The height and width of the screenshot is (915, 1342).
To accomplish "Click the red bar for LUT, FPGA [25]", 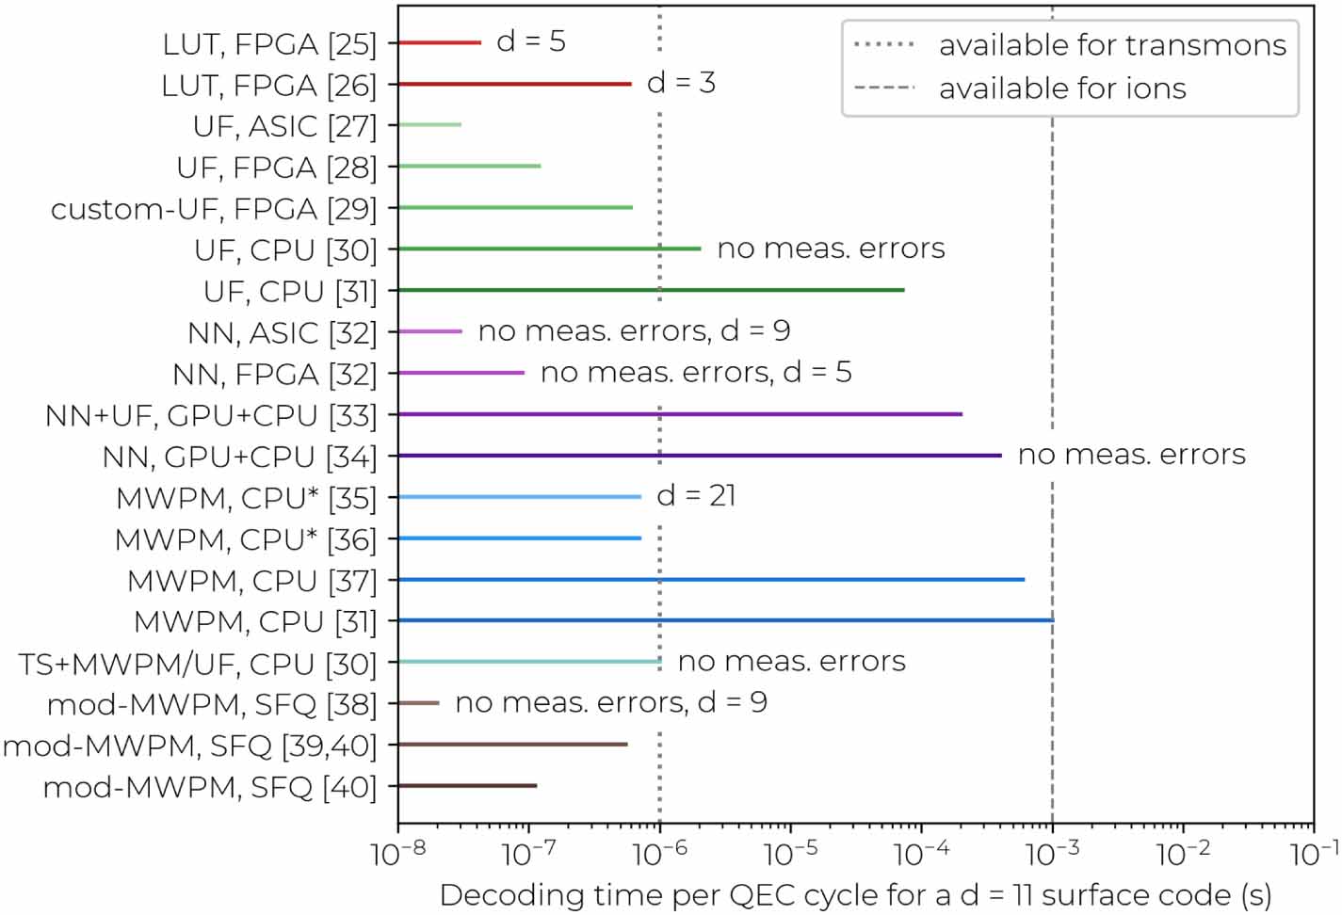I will click(440, 42).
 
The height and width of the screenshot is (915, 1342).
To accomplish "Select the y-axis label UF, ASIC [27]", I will click(284, 126).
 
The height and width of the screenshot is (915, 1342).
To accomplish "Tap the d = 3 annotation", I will click(681, 83).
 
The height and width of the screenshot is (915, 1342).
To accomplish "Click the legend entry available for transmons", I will click(1111, 45).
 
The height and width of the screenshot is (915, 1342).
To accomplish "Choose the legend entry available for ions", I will click(1061, 88).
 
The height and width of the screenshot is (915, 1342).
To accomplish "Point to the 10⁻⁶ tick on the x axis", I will click(659, 854).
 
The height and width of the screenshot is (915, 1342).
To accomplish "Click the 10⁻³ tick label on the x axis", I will click(1052, 854).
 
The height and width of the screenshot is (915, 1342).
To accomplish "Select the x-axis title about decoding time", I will click(855, 894).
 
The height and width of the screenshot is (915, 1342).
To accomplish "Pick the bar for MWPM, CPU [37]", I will click(711, 579).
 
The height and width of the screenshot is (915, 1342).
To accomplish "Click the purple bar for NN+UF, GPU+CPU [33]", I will click(680, 414).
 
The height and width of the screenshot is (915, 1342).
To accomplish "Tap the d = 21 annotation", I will click(696, 495).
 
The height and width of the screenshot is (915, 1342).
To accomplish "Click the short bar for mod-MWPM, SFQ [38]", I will click(419, 703).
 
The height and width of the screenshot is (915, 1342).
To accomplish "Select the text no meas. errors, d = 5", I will click(696, 372).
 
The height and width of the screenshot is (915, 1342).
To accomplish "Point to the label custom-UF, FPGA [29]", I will click(214, 209).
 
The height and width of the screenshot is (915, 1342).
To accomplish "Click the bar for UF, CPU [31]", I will click(651, 290).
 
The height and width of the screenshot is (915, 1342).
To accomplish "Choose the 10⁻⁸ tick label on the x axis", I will click(398, 854).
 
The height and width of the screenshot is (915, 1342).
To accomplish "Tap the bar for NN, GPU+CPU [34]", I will click(700, 456).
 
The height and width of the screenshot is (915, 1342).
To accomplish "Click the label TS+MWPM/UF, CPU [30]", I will click(198, 664).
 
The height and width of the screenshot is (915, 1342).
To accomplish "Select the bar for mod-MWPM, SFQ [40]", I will click(467, 785).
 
